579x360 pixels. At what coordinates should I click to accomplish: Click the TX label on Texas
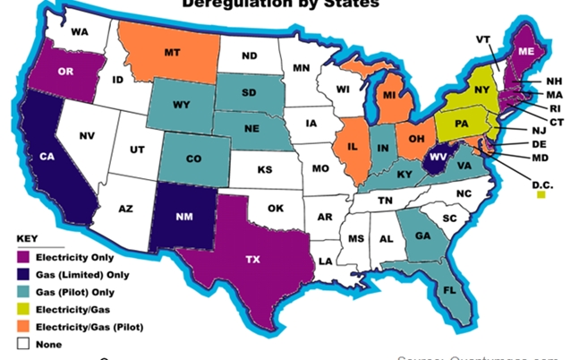tap(253, 259)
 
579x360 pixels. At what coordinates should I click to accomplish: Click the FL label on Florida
tap(449, 290)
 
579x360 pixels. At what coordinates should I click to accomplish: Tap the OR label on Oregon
tap(64, 72)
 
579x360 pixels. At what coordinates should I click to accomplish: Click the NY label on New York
tap(479, 90)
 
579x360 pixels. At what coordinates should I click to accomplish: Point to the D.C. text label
tap(541, 185)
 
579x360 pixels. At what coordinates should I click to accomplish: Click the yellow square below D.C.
tap(541, 195)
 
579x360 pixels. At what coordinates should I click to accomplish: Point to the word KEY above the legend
tap(28, 238)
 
